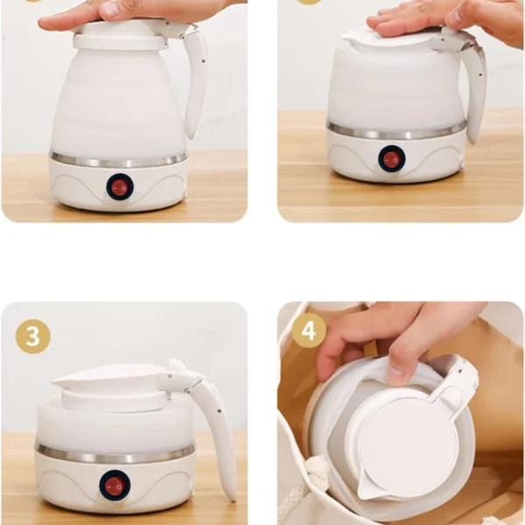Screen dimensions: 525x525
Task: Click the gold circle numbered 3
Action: click(33, 337)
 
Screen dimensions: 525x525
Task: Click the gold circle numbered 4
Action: click(309, 331)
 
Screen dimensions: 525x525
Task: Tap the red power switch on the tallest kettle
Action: click(120, 187)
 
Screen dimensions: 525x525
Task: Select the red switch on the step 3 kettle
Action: click(115, 486)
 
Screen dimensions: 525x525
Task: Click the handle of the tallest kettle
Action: click(196, 80)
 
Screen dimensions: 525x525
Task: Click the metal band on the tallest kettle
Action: click(118, 161)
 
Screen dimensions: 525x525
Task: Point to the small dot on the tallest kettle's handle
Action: click(203, 61)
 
